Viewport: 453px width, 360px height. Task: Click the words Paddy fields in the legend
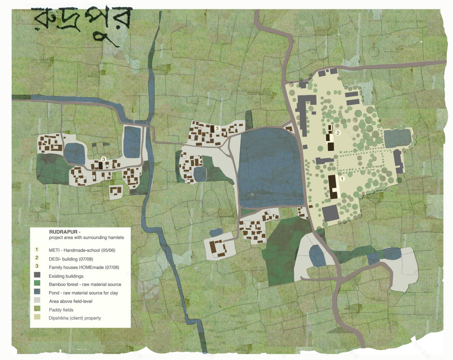pyautogui.click(x=62, y=310)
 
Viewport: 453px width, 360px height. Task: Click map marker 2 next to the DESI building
pyautogui.click(x=338, y=133)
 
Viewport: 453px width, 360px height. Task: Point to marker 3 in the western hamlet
pyautogui.click(x=103, y=159)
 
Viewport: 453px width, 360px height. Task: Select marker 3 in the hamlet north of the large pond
pyautogui.click(x=218, y=128)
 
